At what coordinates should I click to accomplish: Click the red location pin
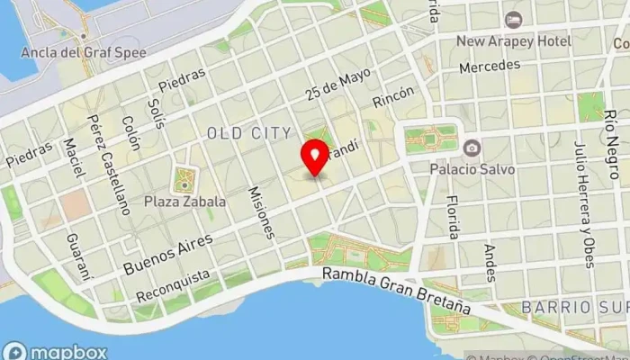315,157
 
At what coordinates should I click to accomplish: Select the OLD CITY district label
249,133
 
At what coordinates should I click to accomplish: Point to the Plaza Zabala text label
184,202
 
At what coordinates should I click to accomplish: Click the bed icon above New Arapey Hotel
513,20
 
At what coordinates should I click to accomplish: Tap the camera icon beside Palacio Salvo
471,147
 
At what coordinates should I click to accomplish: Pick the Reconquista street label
174,284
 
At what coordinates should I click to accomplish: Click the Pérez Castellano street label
109,163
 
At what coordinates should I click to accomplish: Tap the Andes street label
490,263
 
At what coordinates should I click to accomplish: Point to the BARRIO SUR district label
578,306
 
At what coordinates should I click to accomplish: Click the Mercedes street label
489,67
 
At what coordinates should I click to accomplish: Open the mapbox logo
43,349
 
